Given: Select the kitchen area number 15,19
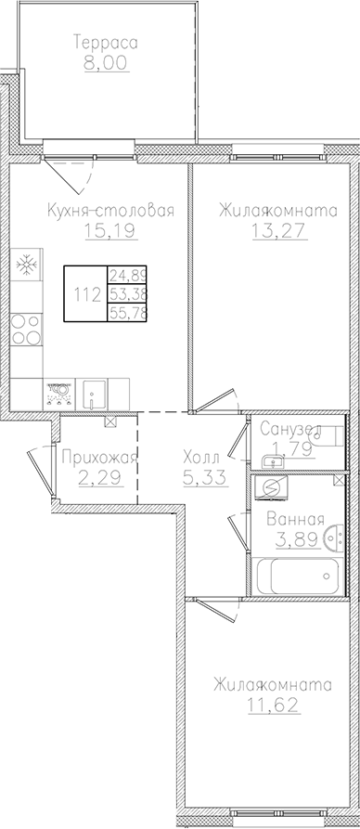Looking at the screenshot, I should [114, 230].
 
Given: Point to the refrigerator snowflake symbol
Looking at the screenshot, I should [26, 265].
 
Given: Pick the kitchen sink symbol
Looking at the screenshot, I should [94, 395].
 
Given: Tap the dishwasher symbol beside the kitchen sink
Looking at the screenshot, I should [59, 395].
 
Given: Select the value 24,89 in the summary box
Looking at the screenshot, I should [128, 276].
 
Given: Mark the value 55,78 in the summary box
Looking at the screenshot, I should [128, 314].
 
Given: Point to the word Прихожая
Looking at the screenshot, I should [97, 457].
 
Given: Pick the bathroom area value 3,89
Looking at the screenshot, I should [294, 538].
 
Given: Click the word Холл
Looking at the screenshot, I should [201, 457].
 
